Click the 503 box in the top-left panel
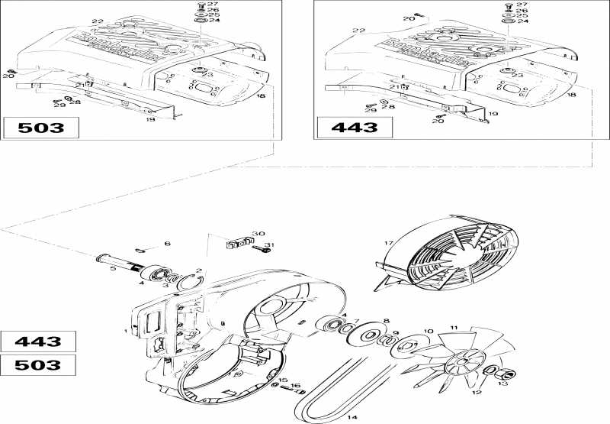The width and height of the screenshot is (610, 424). (x=41, y=128)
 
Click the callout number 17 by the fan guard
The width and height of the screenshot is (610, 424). (x=389, y=244)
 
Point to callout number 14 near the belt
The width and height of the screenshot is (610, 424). (x=352, y=417)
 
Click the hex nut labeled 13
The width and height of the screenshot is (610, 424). (x=506, y=374)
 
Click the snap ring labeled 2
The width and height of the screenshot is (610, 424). (x=185, y=283)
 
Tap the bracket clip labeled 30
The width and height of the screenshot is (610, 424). (x=239, y=244)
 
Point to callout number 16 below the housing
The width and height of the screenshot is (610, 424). (x=297, y=386)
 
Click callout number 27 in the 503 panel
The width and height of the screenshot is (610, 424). (x=213, y=5)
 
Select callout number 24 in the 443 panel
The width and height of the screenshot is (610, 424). (x=523, y=21)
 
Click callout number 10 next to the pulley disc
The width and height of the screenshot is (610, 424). (x=428, y=331)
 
